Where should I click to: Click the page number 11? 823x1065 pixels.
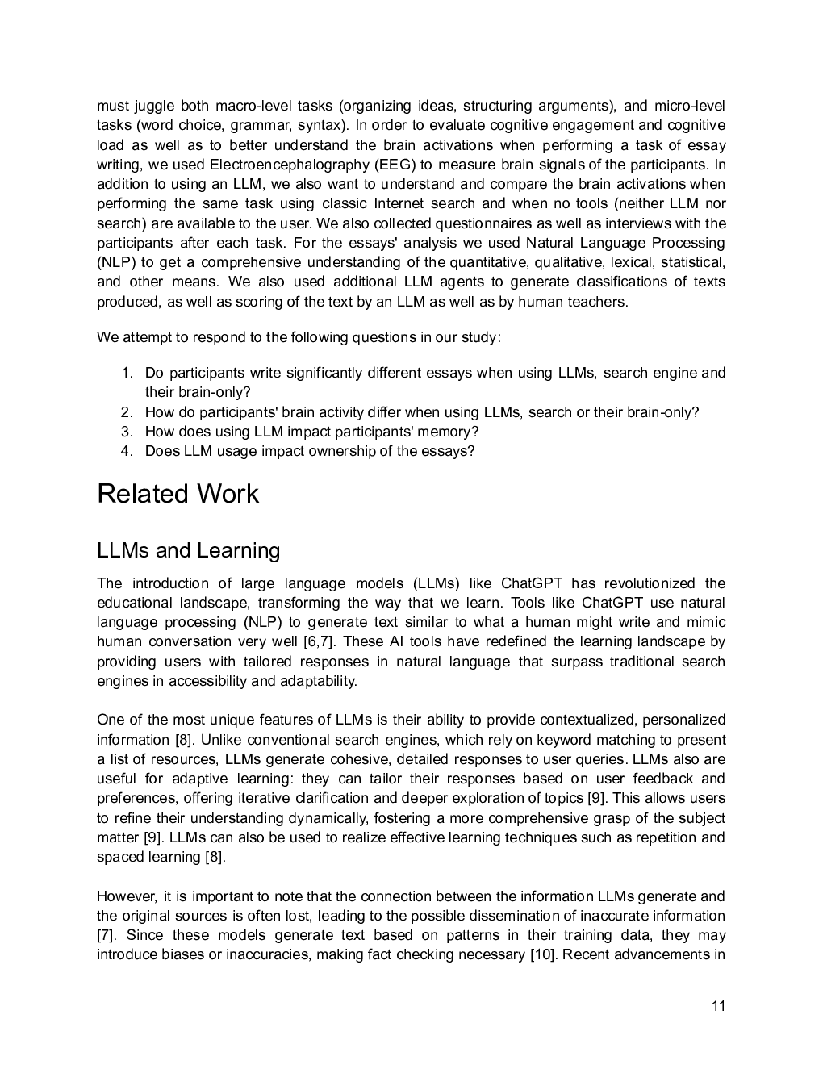click(719, 1006)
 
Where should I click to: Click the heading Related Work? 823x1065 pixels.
click(178, 494)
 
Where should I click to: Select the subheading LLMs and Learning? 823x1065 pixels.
click(188, 550)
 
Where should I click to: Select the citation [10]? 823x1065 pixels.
click(542, 954)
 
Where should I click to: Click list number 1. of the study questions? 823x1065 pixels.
click(127, 373)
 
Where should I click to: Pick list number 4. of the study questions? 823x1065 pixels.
click(127, 451)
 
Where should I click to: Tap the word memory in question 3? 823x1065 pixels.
click(446, 432)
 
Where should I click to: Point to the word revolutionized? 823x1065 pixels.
click(650, 583)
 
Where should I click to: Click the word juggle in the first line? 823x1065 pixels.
click(152, 106)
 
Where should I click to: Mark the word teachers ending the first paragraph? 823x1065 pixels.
click(600, 302)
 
